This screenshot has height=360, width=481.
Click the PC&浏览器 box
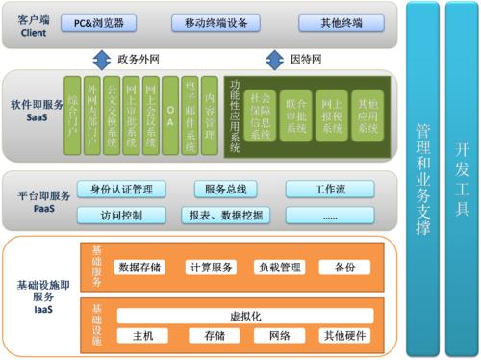point(110,23)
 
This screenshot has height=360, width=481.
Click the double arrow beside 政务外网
point(103,60)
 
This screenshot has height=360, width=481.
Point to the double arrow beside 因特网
point(276,60)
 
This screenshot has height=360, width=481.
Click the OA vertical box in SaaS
point(169,115)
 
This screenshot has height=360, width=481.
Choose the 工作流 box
point(330,189)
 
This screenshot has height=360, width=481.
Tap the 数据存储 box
point(140,268)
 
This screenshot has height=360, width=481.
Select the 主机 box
point(142,336)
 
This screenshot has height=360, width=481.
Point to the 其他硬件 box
point(345,336)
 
